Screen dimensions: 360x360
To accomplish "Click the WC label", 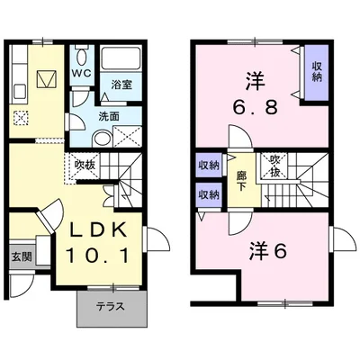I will [81, 73].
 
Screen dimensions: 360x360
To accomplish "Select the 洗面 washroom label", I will [109, 115].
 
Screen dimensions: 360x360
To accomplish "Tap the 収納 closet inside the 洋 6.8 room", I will [318, 72].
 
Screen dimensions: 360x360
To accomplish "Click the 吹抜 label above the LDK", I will [85, 166].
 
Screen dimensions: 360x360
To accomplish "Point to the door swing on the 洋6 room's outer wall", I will [340, 239].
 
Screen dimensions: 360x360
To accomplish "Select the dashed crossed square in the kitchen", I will [22, 116].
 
